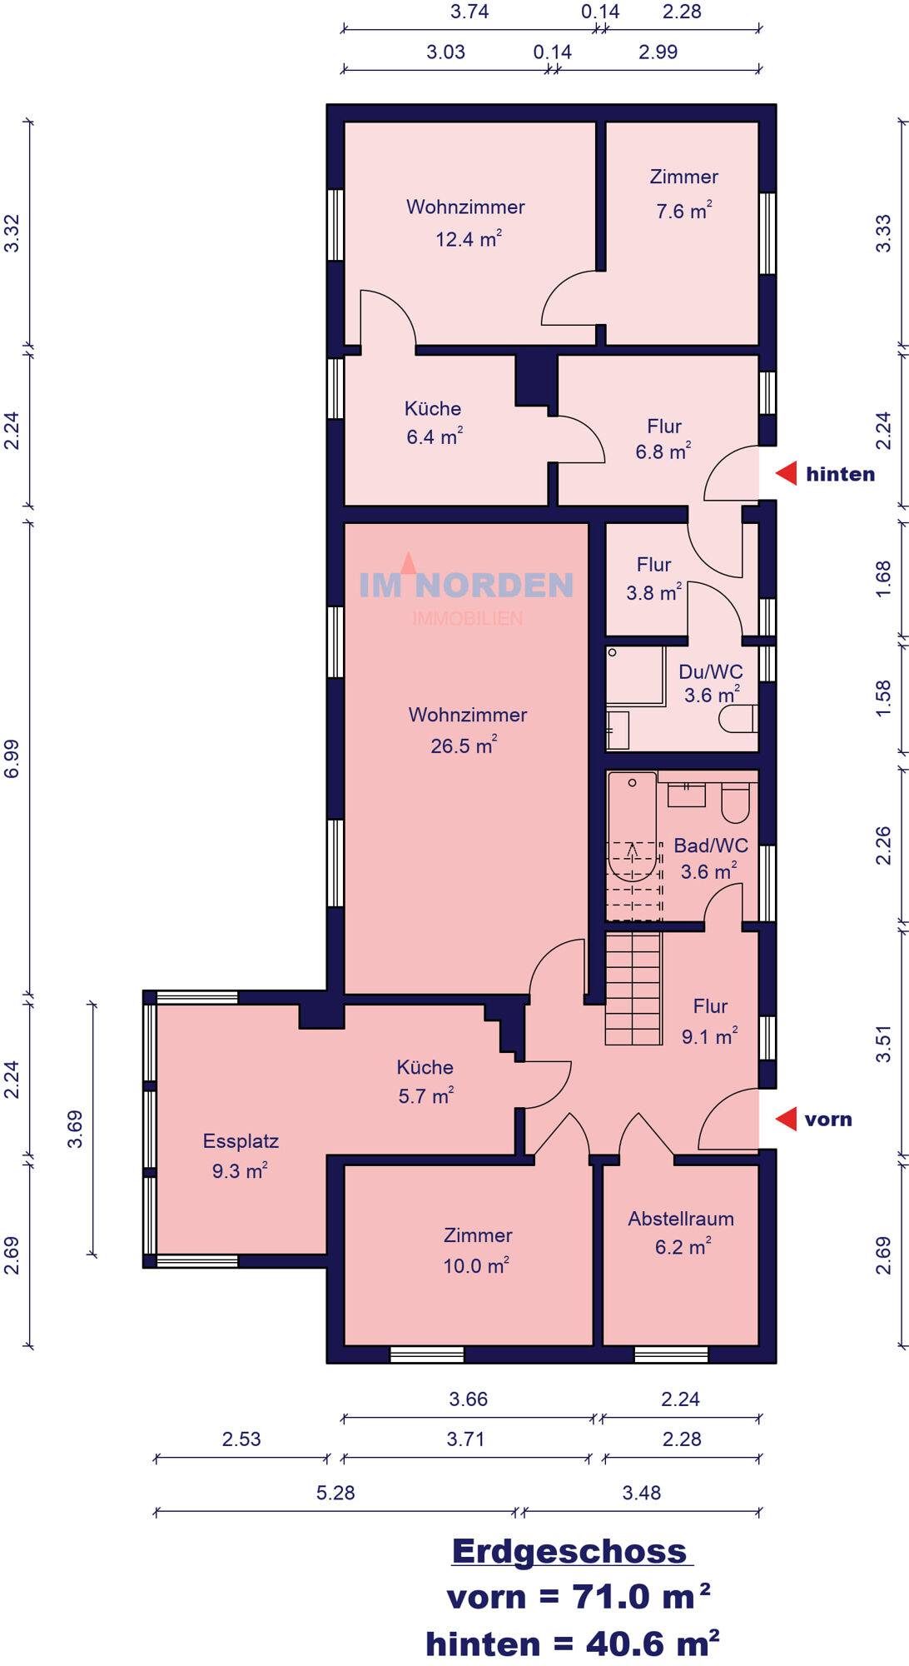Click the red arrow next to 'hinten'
[x=787, y=473]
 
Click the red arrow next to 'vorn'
[x=787, y=1119]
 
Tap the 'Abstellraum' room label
[x=681, y=1219]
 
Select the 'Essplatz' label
[x=241, y=1141]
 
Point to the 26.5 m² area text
[x=464, y=745]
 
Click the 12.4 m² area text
[x=469, y=238]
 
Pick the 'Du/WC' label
[x=711, y=671]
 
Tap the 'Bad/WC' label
[x=711, y=845]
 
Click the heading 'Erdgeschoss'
[x=570, y=1551]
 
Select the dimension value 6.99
[x=12, y=759]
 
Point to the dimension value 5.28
[x=335, y=1492]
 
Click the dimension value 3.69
[x=75, y=1129]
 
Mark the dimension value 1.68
[x=883, y=578]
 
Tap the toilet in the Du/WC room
[x=738, y=718]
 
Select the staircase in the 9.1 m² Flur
[x=633, y=988]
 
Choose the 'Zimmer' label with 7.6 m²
[x=683, y=177]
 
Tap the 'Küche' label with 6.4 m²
[x=433, y=408]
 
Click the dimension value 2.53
[x=241, y=1439]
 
